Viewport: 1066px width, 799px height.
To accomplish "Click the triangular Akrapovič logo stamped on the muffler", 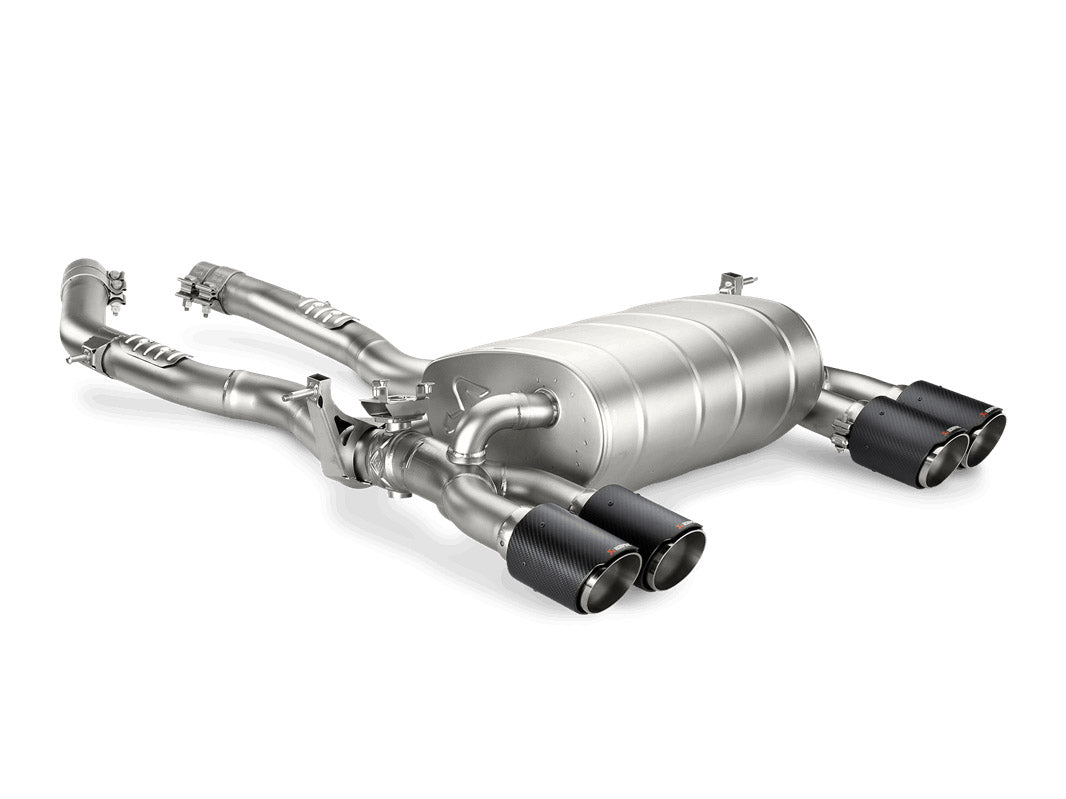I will pyautogui.click(x=471, y=392).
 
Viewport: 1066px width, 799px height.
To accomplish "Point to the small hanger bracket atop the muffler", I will pyautogui.click(x=735, y=282).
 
